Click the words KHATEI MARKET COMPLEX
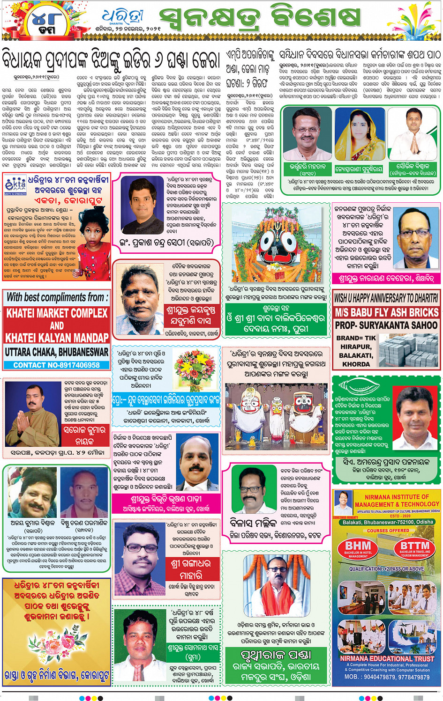(x=57, y=313)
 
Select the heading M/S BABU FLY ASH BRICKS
(x=387, y=312)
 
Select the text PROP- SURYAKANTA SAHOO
(x=386, y=325)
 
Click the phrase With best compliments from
(x=57, y=297)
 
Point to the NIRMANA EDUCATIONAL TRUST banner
(x=387, y=658)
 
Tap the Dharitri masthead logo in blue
(x=123, y=17)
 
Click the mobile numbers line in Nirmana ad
(x=387, y=677)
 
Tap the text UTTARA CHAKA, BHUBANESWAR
(x=57, y=351)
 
